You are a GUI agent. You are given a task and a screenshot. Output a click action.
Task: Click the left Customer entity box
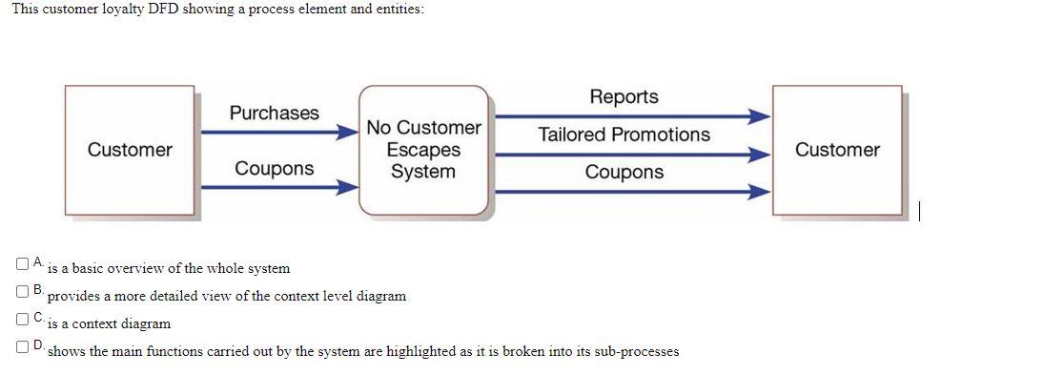click(130, 150)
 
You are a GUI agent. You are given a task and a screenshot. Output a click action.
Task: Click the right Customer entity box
click(837, 150)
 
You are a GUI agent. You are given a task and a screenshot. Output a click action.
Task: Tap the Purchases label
click(275, 113)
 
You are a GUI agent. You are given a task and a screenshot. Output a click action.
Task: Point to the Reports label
click(624, 97)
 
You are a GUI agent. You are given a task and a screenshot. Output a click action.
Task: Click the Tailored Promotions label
click(624, 135)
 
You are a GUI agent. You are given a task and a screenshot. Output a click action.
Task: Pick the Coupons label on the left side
click(275, 169)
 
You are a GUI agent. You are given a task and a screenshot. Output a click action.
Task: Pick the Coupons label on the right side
click(624, 173)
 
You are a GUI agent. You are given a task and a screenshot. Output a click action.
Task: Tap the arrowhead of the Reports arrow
click(758, 117)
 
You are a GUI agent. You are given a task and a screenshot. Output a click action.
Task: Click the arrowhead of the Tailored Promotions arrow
click(758, 154)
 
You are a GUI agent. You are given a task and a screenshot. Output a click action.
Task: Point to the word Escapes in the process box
click(424, 150)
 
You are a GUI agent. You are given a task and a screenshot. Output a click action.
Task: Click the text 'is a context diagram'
click(109, 323)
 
